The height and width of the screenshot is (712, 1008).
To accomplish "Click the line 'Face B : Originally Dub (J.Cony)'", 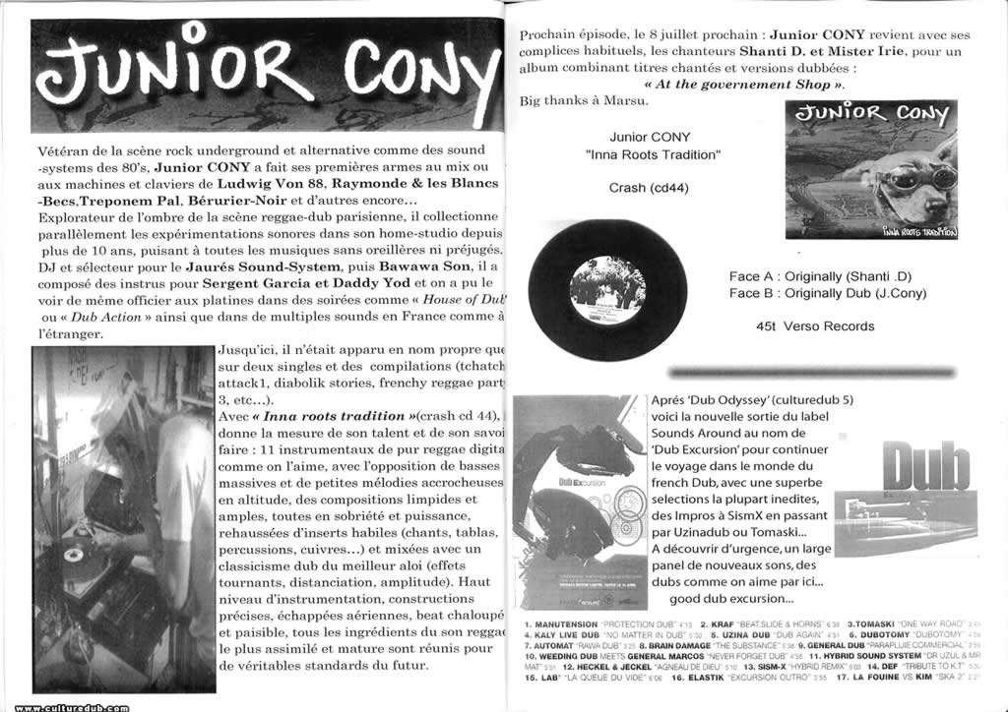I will click(828, 293).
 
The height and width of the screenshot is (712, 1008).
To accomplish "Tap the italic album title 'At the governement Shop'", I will click(745, 85).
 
